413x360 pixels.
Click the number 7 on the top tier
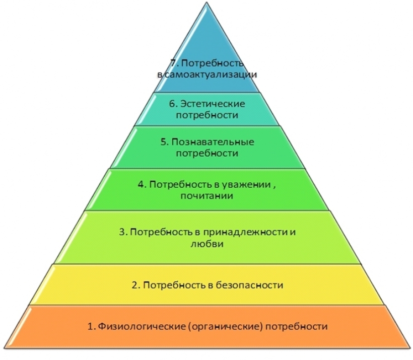(172, 64)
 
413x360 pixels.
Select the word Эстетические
(213, 104)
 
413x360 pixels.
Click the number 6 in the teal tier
(173, 104)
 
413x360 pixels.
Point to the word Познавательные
(213, 142)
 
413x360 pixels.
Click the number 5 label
(164, 142)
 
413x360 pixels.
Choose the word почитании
(207, 196)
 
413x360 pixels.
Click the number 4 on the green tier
(141, 184)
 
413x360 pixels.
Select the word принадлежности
(246, 232)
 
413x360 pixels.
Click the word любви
(207, 244)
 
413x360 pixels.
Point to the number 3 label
(122, 232)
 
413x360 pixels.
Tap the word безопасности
(249, 285)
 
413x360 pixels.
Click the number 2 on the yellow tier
(135, 285)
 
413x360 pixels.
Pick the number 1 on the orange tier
(90, 327)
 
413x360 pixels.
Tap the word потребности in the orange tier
(297, 327)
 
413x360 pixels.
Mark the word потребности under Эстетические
(207, 115)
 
